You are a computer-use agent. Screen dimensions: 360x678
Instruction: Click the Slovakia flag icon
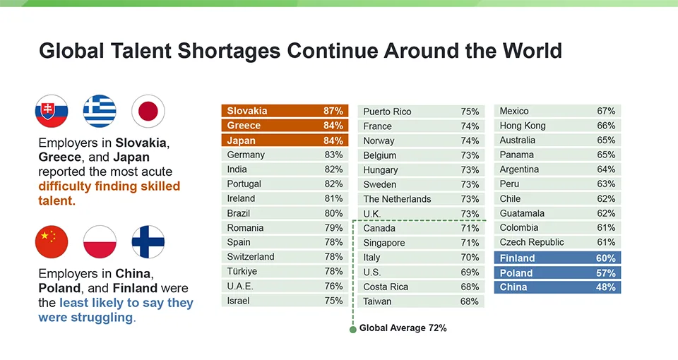(x=52, y=112)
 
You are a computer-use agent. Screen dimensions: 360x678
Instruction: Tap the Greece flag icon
(x=100, y=112)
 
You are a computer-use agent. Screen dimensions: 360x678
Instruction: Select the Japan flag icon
(x=148, y=112)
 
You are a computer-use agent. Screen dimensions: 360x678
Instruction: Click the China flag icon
(x=52, y=242)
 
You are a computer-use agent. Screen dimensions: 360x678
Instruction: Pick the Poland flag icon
(x=100, y=242)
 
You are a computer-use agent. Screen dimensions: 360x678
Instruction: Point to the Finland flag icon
(x=148, y=242)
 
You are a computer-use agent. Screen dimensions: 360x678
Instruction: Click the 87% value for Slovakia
(x=333, y=111)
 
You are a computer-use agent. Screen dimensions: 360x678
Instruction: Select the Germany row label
(x=246, y=155)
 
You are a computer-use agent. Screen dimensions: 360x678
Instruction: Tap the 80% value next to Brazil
(x=333, y=213)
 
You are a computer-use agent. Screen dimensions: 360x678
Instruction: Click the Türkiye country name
(x=242, y=272)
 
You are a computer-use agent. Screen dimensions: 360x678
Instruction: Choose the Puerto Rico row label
(x=387, y=112)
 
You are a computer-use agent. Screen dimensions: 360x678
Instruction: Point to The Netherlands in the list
(x=397, y=199)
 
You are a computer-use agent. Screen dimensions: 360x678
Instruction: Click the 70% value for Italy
(x=470, y=258)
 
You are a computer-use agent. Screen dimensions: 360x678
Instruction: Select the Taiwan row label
(x=378, y=301)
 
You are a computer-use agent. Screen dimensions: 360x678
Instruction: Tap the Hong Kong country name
(x=523, y=126)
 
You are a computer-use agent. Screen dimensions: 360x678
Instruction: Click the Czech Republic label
(x=532, y=242)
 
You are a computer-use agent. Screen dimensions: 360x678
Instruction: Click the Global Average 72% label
(x=403, y=328)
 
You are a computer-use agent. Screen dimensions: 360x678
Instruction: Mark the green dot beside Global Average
(x=353, y=329)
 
